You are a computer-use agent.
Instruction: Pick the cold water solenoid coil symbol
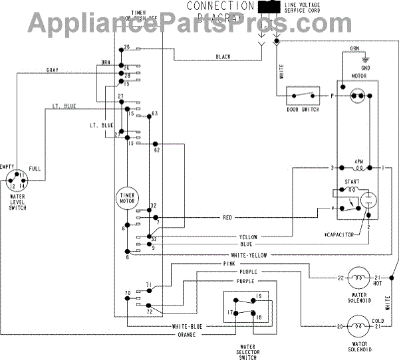point(359,326)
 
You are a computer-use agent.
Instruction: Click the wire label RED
point(227,217)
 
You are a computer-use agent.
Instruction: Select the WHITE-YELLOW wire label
point(249,256)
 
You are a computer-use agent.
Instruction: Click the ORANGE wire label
point(184,334)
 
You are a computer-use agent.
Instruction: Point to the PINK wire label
point(229,264)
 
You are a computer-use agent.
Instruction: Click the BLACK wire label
point(223,57)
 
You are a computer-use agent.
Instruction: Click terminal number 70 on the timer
point(126,293)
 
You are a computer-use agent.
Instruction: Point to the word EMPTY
point(7,167)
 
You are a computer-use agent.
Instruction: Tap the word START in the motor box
point(352,180)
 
